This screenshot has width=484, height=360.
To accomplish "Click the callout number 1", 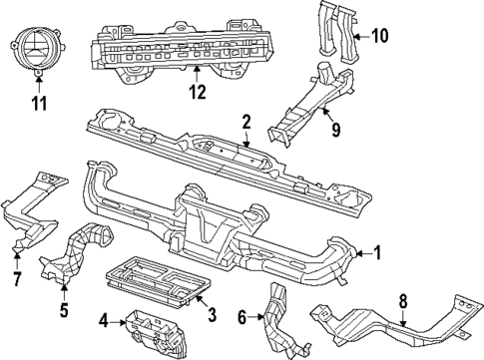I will click(x=377, y=253).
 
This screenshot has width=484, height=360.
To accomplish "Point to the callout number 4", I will click(x=104, y=320).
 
